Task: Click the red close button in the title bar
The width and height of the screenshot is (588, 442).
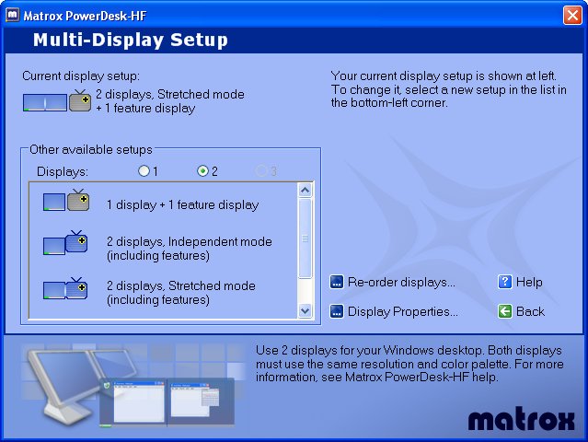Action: [x=572, y=16]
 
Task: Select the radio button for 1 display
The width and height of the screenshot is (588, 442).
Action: [x=144, y=171]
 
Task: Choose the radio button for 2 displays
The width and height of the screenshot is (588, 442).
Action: [x=202, y=171]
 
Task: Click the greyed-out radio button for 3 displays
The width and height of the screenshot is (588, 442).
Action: [x=261, y=171]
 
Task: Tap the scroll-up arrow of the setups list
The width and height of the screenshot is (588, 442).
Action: [x=305, y=191]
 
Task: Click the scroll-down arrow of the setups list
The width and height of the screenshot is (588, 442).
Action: [x=305, y=310]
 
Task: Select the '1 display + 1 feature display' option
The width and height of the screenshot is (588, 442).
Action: [x=182, y=204]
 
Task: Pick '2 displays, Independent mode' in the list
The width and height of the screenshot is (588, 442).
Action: [x=190, y=249]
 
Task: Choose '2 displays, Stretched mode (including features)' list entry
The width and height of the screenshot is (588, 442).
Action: [x=181, y=293]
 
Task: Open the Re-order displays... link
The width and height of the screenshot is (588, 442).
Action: [x=401, y=282]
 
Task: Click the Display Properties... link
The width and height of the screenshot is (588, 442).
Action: [x=403, y=311]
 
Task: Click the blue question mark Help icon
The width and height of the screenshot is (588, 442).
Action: [x=505, y=282]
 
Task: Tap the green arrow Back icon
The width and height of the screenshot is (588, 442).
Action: [x=505, y=311]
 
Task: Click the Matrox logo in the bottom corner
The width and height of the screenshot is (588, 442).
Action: [x=521, y=419]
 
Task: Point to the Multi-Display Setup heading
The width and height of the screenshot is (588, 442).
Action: [x=131, y=40]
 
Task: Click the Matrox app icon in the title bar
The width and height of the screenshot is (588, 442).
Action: [x=12, y=15]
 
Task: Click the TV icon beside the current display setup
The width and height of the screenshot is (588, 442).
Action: [x=80, y=100]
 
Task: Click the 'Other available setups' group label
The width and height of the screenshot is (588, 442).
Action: [x=91, y=150]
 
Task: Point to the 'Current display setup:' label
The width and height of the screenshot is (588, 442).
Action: [x=81, y=76]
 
